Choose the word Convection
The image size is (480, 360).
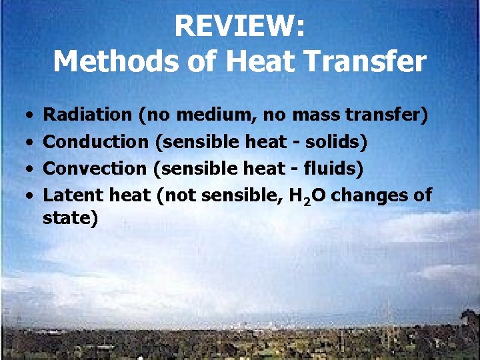click(94, 168)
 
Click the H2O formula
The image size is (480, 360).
click(307, 196)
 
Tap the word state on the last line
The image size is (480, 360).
click(68, 218)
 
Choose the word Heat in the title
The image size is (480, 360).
click(255, 61)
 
